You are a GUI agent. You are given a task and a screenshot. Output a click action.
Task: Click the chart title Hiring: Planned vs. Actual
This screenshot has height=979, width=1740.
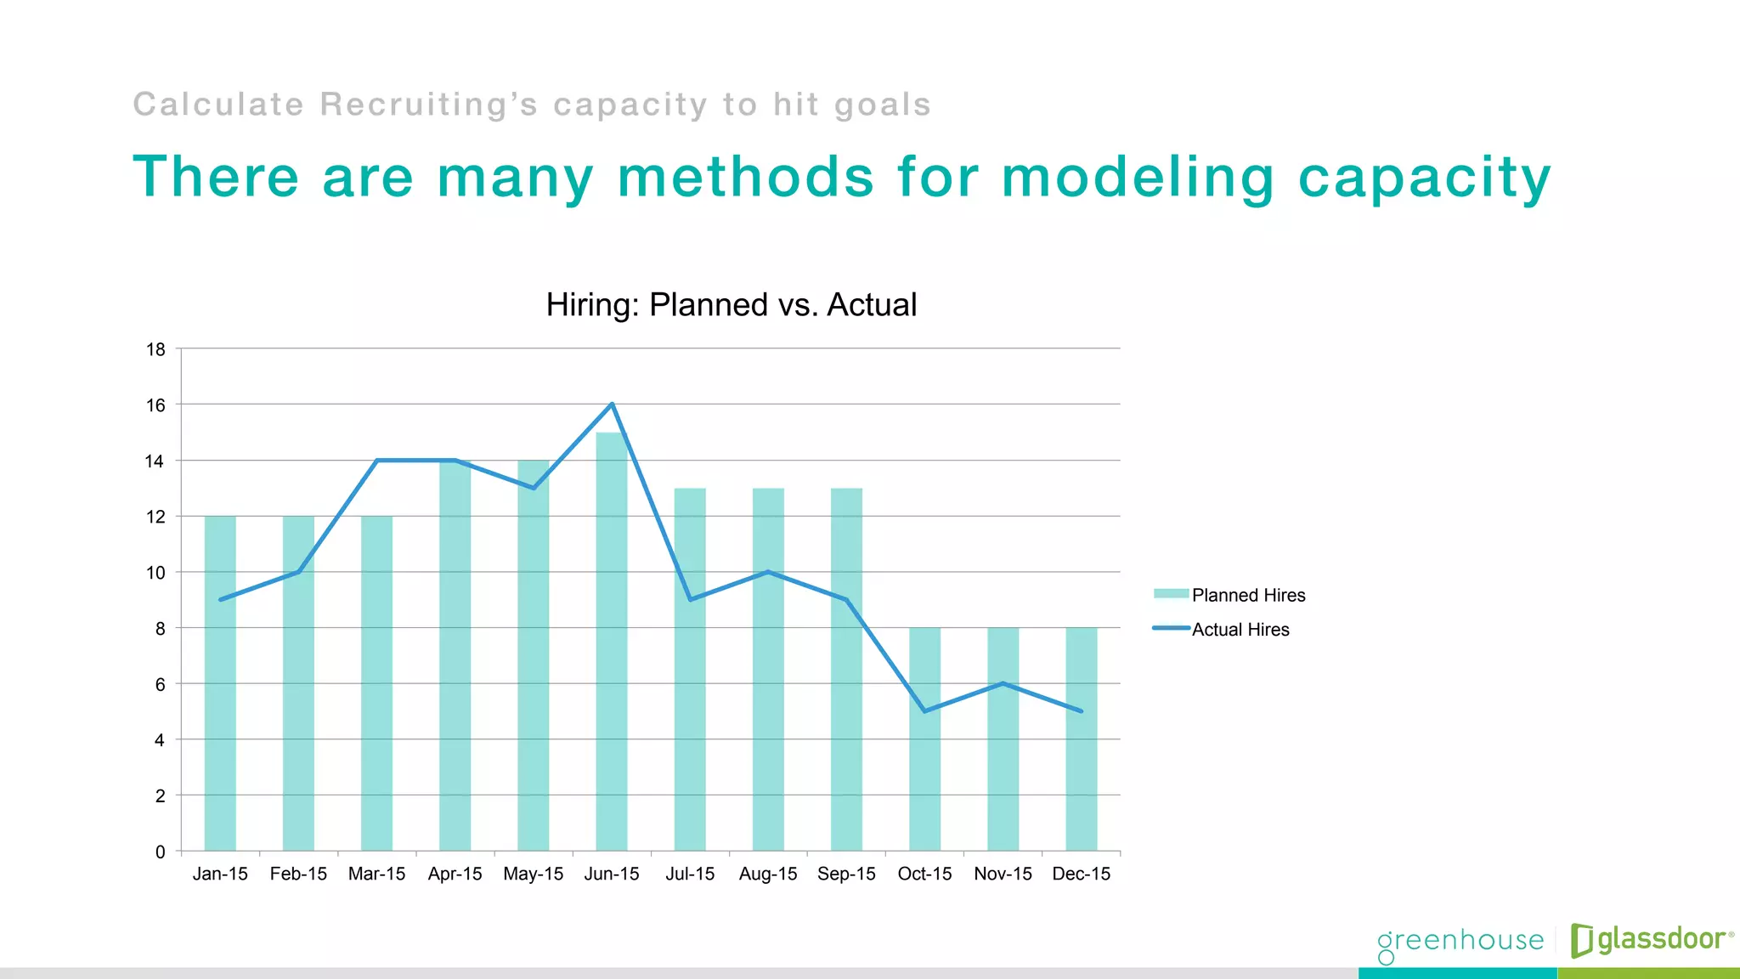[731, 305]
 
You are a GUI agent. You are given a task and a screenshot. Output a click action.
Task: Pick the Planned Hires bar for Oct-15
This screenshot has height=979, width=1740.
[924, 765]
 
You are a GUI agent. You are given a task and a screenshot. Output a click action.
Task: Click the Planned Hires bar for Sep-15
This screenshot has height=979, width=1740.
[846, 680]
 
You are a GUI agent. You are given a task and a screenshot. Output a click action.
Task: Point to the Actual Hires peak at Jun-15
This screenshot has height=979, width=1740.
[612, 405]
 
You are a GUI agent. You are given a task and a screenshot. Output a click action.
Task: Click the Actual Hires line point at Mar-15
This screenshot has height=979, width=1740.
[377, 461]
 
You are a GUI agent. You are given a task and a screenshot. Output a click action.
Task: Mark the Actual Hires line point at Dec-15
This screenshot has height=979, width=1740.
[1081, 711]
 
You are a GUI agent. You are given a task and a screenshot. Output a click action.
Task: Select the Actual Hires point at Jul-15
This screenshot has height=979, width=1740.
[690, 600]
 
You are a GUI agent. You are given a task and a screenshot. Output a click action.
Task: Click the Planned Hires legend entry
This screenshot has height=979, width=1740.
[1229, 595]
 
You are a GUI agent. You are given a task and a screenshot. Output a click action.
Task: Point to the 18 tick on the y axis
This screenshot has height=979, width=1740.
[155, 349]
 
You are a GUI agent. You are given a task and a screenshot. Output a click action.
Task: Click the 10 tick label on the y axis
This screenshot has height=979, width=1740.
[155, 573]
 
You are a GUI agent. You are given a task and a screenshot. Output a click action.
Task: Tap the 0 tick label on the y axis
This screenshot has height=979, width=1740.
[160, 852]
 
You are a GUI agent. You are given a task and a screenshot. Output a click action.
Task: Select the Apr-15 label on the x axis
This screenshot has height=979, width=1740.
[455, 874]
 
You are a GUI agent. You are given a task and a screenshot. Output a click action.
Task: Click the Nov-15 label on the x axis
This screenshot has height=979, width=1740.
[1003, 874]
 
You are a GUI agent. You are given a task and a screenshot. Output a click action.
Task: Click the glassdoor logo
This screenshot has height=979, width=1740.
[1650, 939]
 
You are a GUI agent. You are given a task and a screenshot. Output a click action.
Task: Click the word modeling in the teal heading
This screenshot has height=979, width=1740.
[1138, 178]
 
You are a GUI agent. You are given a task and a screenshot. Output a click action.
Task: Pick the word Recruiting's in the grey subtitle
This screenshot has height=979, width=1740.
[429, 105]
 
